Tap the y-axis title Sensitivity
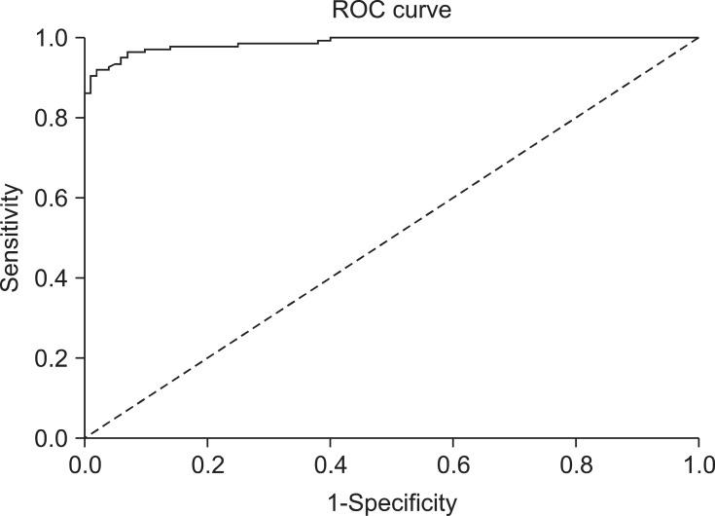tap(11, 238)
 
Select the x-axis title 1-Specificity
tap(392, 503)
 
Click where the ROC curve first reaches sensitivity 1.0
tap(331, 38)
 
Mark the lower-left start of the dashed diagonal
tap(86, 437)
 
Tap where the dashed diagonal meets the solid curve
tap(698, 38)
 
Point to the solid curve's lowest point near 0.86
tap(86, 93)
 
